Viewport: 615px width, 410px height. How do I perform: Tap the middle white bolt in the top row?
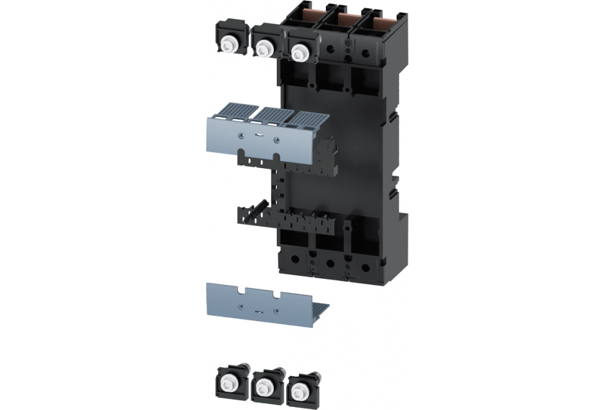tap(265, 47)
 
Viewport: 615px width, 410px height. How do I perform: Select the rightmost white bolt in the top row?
tap(300, 50)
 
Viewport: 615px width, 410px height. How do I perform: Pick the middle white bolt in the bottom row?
tap(265, 386)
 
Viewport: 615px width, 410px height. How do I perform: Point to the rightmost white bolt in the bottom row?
tap(300, 388)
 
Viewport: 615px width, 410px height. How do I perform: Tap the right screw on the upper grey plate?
tap(276, 139)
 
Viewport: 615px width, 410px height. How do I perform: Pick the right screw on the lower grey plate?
tap(276, 310)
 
